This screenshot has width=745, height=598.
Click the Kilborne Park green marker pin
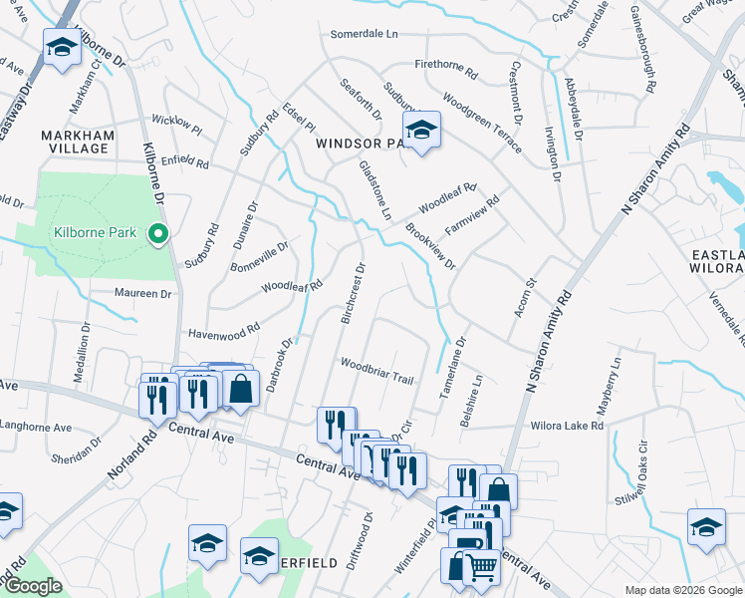pyautogui.click(x=156, y=235)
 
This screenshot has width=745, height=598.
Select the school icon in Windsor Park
pyautogui.click(x=421, y=131)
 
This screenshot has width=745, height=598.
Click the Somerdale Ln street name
pyautogui.click(x=364, y=34)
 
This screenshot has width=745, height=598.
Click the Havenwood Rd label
pyautogui.click(x=223, y=328)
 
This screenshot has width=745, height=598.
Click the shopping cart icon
pyautogui.click(x=482, y=568)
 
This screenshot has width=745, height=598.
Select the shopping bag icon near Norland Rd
pyautogui.click(x=240, y=389)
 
